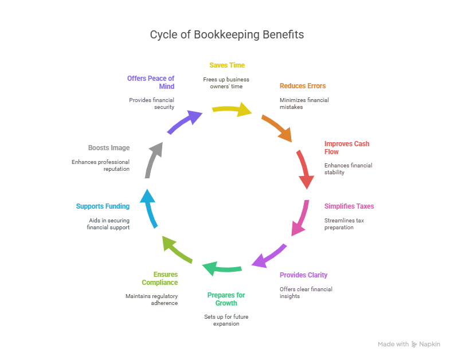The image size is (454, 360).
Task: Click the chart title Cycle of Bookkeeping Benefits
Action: point(226,34)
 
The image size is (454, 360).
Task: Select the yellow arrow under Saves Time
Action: point(232,108)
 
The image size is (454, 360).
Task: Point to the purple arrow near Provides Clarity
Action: point(268,255)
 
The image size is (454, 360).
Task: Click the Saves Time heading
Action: point(226,65)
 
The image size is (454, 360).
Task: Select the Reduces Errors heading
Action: point(303,86)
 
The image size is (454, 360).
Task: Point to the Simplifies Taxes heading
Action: point(349,206)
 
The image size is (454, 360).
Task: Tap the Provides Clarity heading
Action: point(303,275)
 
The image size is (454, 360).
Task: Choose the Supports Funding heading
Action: point(103,206)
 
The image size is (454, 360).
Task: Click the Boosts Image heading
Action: point(109,148)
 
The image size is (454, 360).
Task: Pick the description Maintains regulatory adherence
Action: point(152,299)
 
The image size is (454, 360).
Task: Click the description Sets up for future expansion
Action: point(226,320)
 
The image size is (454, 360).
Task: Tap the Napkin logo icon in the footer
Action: point(414,345)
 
